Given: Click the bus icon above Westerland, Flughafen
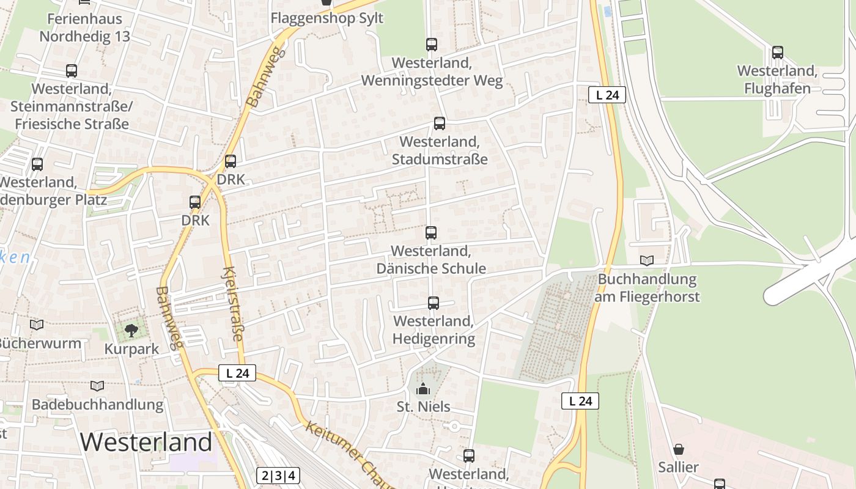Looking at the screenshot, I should click(x=777, y=53).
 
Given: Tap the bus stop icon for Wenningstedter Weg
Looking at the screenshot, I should click(x=432, y=45).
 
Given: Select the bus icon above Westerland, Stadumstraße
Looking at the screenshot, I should click(x=440, y=123).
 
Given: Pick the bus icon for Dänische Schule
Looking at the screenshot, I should click(x=431, y=233).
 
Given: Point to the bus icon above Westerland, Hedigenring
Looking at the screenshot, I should click(x=434, y=303).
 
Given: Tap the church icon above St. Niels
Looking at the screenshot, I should click(x=423, y=389).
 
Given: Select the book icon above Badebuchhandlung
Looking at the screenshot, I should click(x=97, y=386).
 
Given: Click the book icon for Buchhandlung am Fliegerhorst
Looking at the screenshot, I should click(x=647, y=261).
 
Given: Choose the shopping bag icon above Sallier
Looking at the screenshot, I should click(x=679, y=449).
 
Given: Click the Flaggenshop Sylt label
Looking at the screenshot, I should click(x=327, y=18).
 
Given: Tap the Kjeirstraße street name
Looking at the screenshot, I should click(x=233, y=304).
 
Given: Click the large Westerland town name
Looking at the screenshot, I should click(x=146, y=441).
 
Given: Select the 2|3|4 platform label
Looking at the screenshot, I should click(x=278, y=476).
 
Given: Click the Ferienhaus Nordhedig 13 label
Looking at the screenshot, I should click(x=85, y=28).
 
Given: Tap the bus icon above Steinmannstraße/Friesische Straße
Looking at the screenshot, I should click(x=72, y=71).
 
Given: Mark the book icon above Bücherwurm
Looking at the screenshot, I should click(x=37, y=325).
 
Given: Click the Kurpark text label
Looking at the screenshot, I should click(x=131, y=349).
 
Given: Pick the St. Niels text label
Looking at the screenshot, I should click(x=423, y=406).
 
